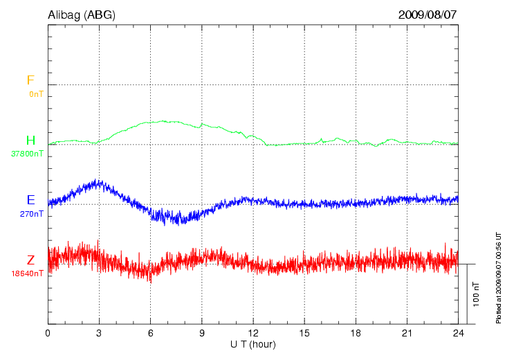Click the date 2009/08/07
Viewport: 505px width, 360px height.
(x=428, y=14)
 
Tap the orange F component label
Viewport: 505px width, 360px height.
(x=30, y=80)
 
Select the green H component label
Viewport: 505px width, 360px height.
(x=30, y=141)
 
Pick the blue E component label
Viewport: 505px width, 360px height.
(x=30, y=201)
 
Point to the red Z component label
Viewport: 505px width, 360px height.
(x=30, y=260)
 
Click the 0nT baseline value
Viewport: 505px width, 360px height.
(x=36, y=93)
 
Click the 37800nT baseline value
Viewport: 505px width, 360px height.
(x=27, y=154)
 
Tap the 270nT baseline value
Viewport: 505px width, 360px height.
(x=32, y=214)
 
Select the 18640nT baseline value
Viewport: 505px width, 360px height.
(x=27, y=273)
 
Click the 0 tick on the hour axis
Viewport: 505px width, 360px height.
(x=48, y=333)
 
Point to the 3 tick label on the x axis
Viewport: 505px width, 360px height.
(x=100, y=333)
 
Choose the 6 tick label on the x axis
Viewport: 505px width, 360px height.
(x=151, y=333)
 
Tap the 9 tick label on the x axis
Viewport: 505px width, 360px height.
(x=202, y=333)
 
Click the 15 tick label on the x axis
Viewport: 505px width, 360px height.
(x=304, y=333)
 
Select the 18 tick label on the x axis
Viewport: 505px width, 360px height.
(x=356, y=333)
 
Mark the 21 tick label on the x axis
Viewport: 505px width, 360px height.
(x=407, y=333)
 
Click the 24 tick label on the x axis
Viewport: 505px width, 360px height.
(x=458, y=333)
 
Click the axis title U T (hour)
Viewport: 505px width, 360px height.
(x=252, y=344)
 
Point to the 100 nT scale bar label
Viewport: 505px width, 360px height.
(x=477, y=294)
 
